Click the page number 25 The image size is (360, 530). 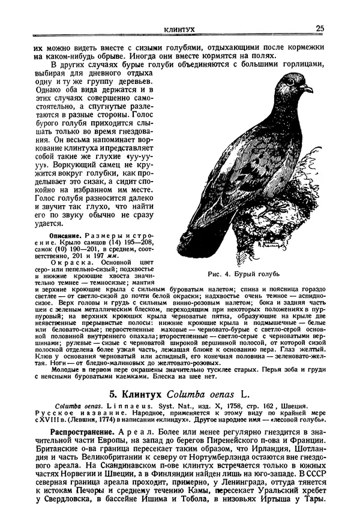(x=320, y=28)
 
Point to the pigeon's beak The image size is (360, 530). (x=308, y=89)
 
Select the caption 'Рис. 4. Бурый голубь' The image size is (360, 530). (x=243, y=275)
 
